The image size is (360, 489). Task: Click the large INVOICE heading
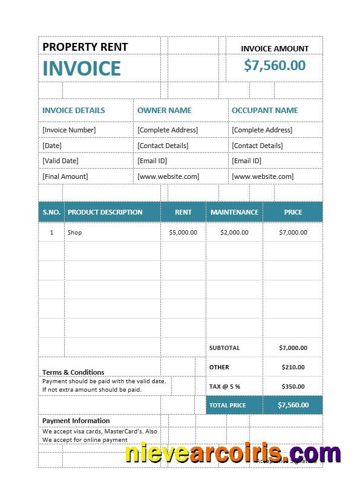tap(82, 68)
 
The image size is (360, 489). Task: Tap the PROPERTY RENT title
tap(85, 47)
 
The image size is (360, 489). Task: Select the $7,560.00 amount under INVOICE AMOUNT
tap(275, 65)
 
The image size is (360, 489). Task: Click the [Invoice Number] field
tap(69, 130)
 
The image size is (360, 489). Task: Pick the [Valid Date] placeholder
tap(61, 161)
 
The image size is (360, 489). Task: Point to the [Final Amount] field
tap(65, 176)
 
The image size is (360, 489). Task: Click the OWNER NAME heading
tap(164, 111)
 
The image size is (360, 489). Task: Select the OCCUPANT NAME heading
tap(264, 111)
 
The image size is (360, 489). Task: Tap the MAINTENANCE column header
tap(234, 212)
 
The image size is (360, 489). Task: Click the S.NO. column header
tap(51, 212)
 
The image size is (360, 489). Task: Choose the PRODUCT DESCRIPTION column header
tap(105, 212)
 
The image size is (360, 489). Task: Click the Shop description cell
tap(74, 233)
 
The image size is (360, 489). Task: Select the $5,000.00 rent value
tap(183, 233)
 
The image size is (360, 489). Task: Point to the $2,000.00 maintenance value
tap(234, 233)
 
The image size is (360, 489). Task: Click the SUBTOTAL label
tap(224, 348)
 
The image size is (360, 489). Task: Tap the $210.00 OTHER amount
tap(293, 368)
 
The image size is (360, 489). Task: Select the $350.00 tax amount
tap(293, 386)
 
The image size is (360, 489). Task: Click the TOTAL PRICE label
tap(227, 405)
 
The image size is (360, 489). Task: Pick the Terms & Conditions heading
tap(73, 372)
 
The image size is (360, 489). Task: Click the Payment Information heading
tap(76, 421)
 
